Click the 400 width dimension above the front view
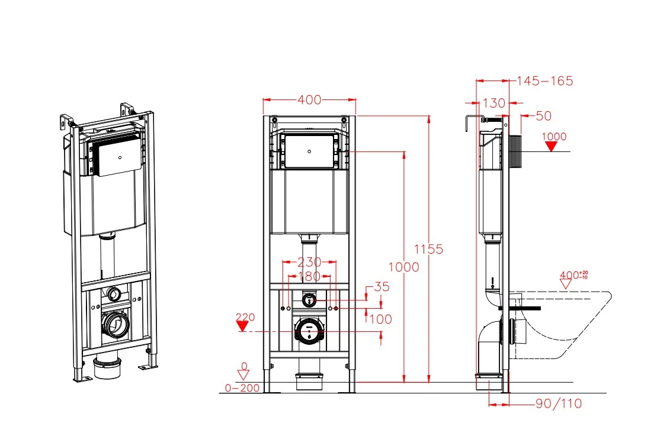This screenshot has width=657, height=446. tap(309, 100)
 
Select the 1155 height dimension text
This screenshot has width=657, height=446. tap(428, 249)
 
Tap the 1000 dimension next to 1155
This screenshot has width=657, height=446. tap(404, 267)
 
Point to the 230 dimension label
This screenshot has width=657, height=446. tap(309, 261)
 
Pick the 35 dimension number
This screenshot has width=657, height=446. tap(382, 287)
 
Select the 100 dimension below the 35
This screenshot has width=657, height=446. tap(380, 319)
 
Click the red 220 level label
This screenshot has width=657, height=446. tap(245, 317)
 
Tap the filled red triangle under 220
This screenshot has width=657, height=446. tap(242, 326)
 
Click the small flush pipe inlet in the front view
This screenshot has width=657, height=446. tap(308, 300)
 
